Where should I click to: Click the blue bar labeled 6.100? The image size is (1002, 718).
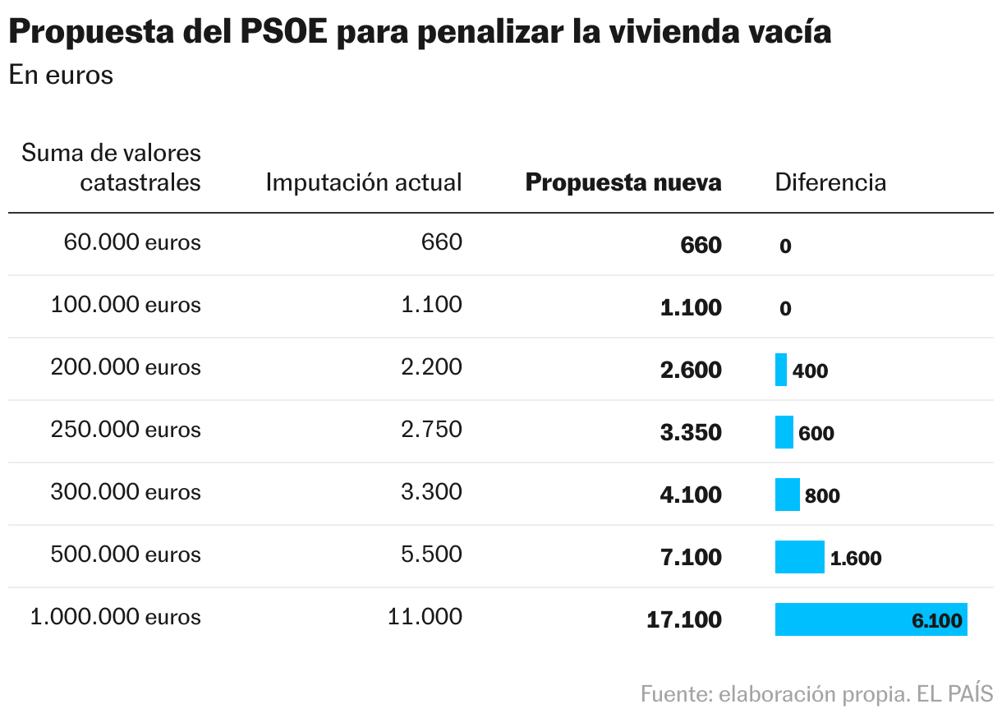871,619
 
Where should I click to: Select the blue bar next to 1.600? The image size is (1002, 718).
799,557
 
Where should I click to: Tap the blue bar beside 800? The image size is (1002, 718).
787,495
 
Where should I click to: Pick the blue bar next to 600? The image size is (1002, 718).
784,432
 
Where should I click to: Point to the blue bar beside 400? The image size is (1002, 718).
780,370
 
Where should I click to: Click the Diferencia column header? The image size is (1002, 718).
830,182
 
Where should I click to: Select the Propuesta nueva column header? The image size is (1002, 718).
623,182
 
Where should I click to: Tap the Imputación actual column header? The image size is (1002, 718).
364,182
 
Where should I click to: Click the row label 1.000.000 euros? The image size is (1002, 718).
115,617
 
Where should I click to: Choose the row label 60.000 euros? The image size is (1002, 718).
132,242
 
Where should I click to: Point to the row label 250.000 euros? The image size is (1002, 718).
126,430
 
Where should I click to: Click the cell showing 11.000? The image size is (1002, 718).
425,617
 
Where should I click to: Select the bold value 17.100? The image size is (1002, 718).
684,619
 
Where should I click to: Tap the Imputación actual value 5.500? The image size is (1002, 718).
431,555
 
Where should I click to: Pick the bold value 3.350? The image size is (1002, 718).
691,432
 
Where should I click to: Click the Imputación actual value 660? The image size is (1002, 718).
441,242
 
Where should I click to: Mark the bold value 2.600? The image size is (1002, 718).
691,370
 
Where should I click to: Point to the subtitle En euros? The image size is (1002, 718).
61,75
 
